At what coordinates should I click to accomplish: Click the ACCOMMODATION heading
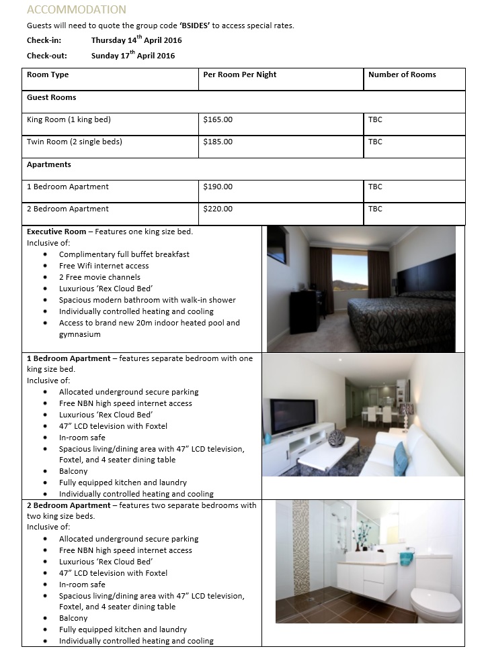76,9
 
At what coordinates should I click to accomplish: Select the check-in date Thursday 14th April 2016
136,40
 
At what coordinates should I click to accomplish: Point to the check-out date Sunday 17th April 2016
133,56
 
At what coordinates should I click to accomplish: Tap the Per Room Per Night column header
239,74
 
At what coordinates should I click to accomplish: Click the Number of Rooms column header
402,74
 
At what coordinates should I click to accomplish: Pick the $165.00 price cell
218,119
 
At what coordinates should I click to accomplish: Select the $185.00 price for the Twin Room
218,142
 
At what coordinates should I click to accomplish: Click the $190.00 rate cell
218,187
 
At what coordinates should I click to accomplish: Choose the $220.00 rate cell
218,209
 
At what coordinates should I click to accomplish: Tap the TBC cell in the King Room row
375,119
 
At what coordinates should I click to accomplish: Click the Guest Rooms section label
51,97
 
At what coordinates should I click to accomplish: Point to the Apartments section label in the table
48,164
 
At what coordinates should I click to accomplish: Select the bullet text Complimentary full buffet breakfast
124,254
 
